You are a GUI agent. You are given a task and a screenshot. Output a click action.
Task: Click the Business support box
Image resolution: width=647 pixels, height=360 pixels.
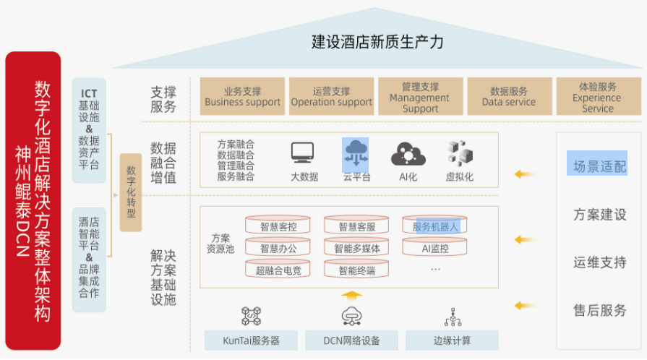242,97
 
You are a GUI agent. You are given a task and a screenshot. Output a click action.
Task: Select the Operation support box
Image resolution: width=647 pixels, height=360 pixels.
331,97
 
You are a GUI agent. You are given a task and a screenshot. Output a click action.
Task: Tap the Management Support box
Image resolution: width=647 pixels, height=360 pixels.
420,97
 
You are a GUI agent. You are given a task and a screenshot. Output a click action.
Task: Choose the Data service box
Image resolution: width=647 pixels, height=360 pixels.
509,97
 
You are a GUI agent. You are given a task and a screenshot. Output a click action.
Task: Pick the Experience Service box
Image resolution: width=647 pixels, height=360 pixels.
598,97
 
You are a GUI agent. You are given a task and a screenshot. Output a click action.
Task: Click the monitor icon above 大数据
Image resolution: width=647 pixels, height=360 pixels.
303,153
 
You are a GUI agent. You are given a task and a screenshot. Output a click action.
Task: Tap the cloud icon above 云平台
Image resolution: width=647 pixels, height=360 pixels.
356,153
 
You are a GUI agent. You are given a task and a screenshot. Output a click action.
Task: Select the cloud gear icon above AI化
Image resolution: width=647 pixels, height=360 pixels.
408,153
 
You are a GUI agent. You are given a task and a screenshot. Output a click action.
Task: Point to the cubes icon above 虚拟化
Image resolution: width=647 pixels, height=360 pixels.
459,153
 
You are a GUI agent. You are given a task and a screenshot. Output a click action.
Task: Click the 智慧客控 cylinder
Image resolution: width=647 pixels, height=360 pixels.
278,226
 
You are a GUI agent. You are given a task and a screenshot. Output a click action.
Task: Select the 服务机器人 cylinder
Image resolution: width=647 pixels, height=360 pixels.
435,226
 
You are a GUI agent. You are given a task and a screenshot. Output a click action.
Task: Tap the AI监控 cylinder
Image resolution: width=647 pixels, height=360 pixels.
435,249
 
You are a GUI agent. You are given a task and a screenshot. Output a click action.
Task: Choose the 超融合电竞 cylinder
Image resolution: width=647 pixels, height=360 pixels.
278,270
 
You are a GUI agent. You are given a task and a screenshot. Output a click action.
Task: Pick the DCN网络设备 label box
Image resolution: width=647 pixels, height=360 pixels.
352,340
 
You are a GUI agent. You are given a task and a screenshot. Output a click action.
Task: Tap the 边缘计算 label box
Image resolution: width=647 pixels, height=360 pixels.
452,340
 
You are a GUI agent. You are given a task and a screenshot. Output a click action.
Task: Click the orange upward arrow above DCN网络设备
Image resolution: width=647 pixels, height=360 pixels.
351,295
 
